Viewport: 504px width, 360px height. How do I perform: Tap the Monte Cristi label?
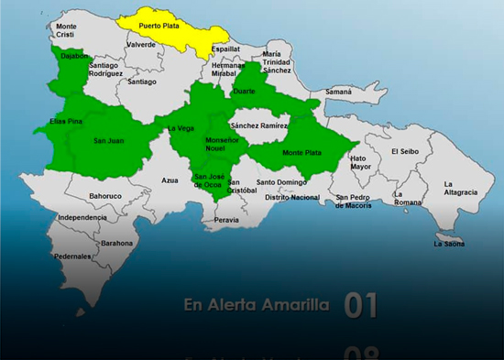pos(66,30)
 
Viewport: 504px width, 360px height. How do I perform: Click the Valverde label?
pos(140,44)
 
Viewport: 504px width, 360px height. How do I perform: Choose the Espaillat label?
pos(225,49)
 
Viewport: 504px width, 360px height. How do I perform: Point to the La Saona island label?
pos(450,244)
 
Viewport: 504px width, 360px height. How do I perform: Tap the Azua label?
pos(170,180)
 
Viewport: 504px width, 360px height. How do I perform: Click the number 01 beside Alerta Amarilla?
pos(360,306)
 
